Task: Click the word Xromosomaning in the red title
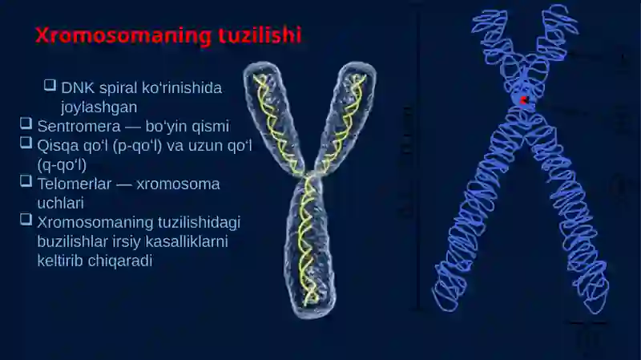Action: (123, 35)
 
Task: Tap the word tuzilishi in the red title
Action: (260, 35)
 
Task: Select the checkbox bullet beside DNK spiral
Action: (50, 85)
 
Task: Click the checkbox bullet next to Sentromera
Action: (26, 123)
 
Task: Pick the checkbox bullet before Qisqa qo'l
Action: (26, 143)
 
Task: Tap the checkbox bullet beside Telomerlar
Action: (26, 181)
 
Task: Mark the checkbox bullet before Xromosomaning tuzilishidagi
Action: (26, 219)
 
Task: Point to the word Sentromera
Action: (79, 127)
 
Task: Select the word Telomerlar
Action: (75, 184)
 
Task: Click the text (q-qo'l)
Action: (62, 165)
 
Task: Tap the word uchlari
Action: (61, 204)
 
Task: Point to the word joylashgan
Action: (99, 107)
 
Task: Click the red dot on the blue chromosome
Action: (524, 100)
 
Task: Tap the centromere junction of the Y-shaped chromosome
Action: (311, 175)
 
